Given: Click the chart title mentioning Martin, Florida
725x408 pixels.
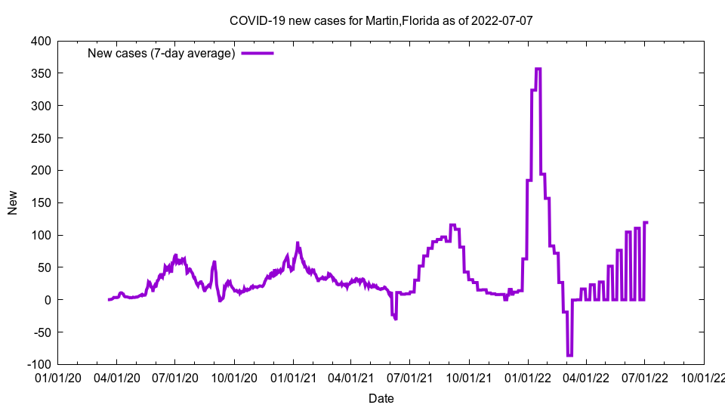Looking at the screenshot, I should (381, 20).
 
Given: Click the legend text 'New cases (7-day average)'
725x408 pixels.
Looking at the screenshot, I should (162, 53).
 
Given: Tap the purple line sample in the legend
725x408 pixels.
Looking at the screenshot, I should (258, 53).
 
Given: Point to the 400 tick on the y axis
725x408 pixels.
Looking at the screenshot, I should (42, 41).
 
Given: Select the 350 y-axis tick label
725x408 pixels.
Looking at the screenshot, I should (42, 73).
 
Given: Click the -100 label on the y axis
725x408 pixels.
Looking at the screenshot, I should (39, 364).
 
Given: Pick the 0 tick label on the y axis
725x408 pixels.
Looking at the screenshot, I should (48, 300).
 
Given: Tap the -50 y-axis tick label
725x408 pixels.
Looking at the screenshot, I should (42, 332).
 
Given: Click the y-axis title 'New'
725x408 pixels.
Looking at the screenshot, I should (13, 202).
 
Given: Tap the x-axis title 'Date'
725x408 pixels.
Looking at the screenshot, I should (381, 398).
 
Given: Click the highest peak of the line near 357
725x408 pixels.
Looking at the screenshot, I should (538, 69).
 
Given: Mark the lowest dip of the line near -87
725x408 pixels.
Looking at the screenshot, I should (569, 355).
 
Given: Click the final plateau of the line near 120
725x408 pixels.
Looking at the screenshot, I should (646, 222).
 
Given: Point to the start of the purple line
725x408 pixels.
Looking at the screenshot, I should (110, 300).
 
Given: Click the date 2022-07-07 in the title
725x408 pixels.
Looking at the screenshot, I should (502, 20).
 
